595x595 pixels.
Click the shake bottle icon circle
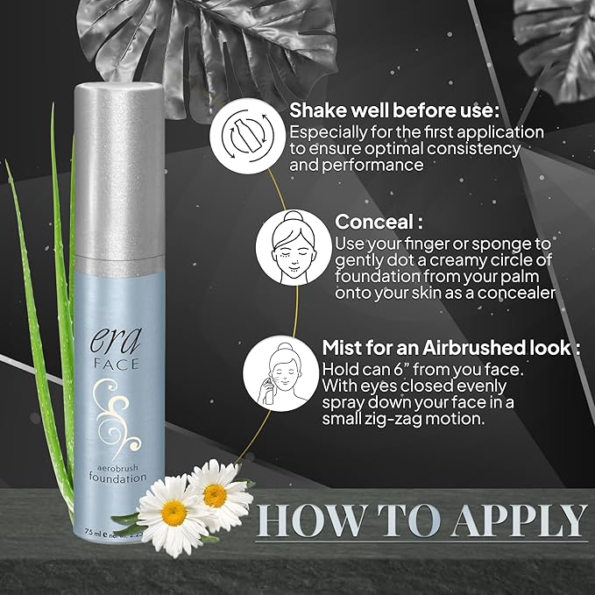point(247,138)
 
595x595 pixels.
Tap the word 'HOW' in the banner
point(306,521)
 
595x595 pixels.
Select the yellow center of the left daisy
point(172,509)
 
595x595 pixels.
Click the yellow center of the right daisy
point(216,492)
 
